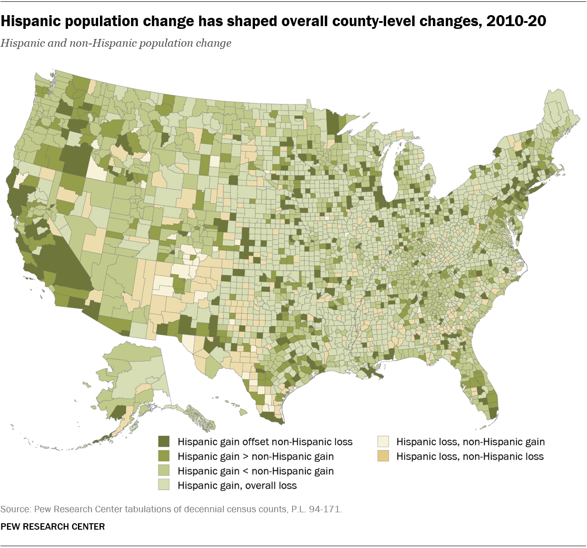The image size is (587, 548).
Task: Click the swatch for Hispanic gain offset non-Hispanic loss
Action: (164, 442)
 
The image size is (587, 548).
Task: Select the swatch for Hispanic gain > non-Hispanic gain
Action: (164, 456)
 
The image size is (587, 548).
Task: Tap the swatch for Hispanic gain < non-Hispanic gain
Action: (164, 471)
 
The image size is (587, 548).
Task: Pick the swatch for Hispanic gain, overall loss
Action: (164, 486)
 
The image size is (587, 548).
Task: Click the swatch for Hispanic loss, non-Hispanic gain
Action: (383, 442)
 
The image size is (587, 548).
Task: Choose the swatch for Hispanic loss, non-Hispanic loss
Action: (383, 456)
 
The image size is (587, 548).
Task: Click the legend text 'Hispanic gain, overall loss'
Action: (237, 486)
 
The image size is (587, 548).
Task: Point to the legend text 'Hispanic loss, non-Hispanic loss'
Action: (470, 456)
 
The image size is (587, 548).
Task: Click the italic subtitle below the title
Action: (116, 43)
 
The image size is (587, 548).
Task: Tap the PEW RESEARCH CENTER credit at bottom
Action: (53, 526)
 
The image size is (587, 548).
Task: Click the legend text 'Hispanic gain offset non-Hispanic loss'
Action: (265, 442)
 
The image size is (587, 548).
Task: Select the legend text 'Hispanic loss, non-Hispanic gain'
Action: (471, 442)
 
